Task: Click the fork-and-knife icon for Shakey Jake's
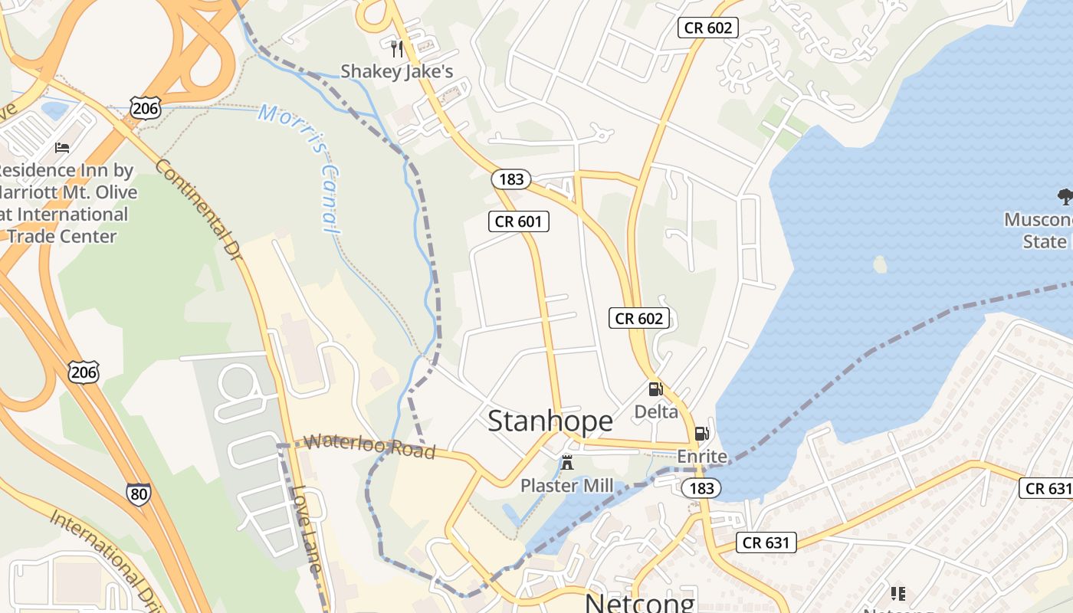[x=397, y=49]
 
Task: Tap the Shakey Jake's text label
[x=397, y=71]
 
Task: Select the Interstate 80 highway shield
[x=139, y=493]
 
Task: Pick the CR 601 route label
[x=519, y=222]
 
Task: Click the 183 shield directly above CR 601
[x=511, y=179]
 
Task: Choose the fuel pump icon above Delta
[x=655, y=389]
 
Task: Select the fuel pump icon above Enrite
[x=701, y=434]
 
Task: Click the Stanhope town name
[x=550, y=421]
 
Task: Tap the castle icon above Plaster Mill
[x=567, y=463]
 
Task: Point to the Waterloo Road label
[x=369, y=447]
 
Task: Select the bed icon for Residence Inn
[x=62, y=147]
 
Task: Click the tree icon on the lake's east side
[x=1065, y=197]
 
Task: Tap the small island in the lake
[x=880, y=264]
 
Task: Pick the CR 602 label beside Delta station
[x=639, y=318]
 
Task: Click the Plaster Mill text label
[x=567, y=486]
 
